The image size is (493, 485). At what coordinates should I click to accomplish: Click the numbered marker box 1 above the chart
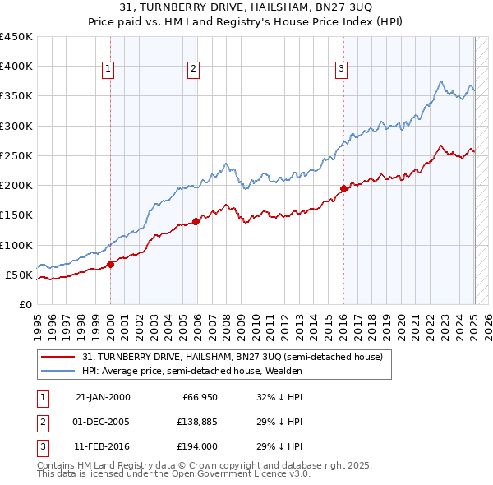pos(108,69)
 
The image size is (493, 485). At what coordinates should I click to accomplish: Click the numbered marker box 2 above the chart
pos(193,69)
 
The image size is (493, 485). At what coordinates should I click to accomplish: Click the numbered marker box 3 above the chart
pos(340,69)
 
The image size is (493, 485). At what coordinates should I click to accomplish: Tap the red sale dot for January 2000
pos(111,264)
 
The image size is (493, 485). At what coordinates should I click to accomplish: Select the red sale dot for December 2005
pos(196,221)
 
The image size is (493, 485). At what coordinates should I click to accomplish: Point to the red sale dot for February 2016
pos(343,188)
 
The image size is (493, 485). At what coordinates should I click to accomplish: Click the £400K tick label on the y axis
pos(16,67)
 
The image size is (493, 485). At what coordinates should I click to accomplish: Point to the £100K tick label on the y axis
pos(16,245)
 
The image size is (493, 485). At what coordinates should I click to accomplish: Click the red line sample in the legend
pos(58,357)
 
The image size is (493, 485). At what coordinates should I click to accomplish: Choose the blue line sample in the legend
pos(58,371)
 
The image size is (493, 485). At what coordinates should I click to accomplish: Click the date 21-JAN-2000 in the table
pos(103,397)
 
